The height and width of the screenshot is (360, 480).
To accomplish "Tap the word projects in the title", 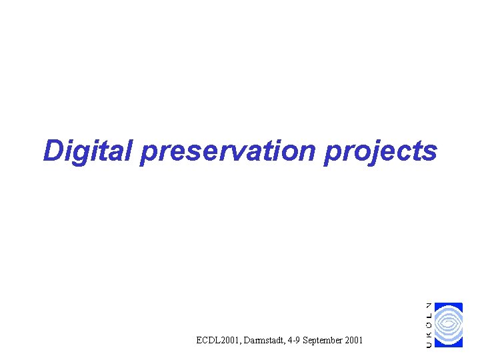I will click(381, 152).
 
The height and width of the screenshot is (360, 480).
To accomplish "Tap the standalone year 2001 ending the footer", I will click(353, 341).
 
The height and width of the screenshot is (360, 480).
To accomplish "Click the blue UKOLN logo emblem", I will click(449, 325).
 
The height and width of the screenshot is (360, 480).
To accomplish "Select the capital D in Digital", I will click(53, 151).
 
